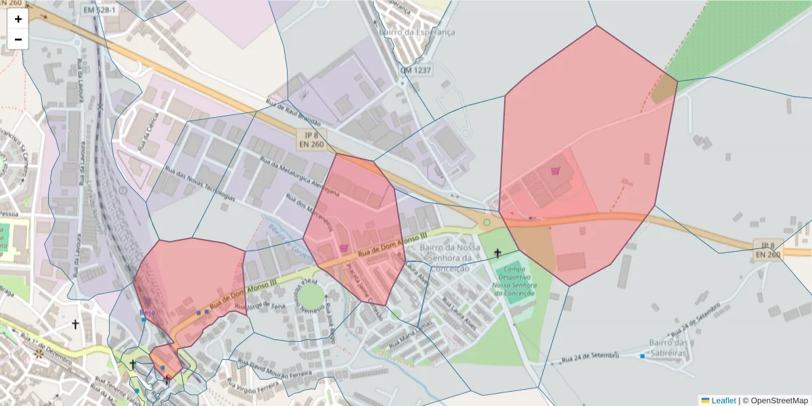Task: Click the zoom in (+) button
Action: [x=18, y=19]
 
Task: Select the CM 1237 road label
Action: [x=415, y=70]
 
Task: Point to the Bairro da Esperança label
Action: [x=418, y=32]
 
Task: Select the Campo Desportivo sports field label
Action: [x=515, y=281]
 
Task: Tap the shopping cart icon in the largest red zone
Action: [x=556, y=171]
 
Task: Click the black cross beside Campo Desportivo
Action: [x=497, y=253]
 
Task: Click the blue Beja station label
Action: [x=147, y=312]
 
